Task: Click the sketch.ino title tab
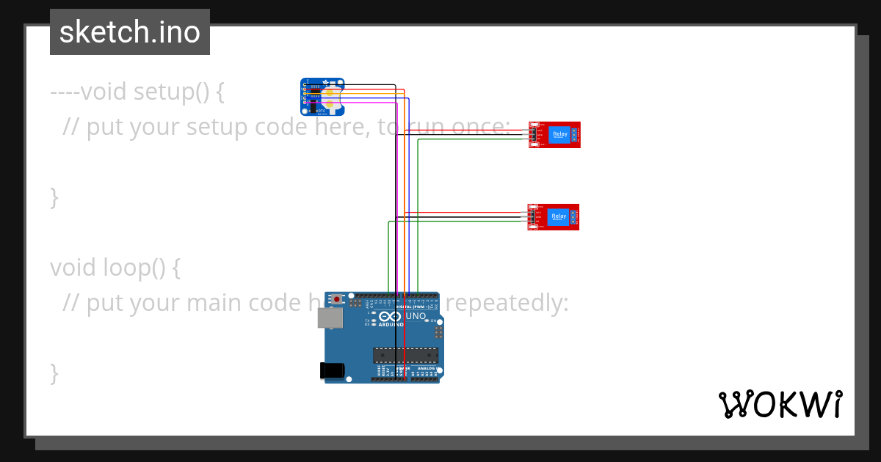130,32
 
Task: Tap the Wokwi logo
780,404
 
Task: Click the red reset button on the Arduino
337,300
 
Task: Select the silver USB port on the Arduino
329,318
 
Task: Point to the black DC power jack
332,370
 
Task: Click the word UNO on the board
416,316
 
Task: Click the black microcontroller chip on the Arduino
405,355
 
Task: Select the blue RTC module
322,97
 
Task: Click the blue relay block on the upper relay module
559,134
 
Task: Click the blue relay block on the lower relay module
559,216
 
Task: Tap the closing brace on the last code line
54,373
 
